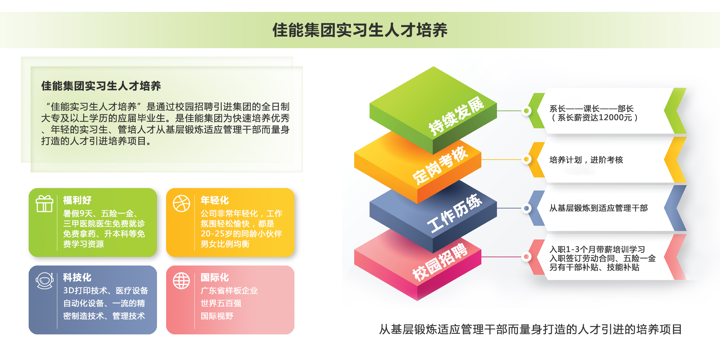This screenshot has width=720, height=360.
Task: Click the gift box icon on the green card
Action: pos(45,203)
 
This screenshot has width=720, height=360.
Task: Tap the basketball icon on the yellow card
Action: pos(181,203)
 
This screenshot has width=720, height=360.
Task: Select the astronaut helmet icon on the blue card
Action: pos(45,280)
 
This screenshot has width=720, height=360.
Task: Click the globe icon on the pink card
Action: pos(181,280)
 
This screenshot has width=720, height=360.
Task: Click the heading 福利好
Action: pos(77,200)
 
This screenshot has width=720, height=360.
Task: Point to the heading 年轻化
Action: pos(215,200)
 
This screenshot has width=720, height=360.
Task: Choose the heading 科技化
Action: pos(77,277)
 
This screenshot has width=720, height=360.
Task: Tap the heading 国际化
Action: pos(215,277)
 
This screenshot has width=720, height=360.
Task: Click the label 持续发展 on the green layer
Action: pos(456,116)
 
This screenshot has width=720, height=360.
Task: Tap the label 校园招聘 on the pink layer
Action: pos(440,262)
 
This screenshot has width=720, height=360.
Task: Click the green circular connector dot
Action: pos(526,111)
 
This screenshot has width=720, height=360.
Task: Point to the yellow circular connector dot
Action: pos(526,159)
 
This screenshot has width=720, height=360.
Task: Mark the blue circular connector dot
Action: pos(526,208)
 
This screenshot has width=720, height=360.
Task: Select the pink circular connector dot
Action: pos(526,257)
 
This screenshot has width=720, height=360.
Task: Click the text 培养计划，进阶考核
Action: pos(586,160)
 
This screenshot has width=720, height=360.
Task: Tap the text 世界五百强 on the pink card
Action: pos(221,303)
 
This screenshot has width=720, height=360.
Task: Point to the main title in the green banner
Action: pos(360,30)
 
